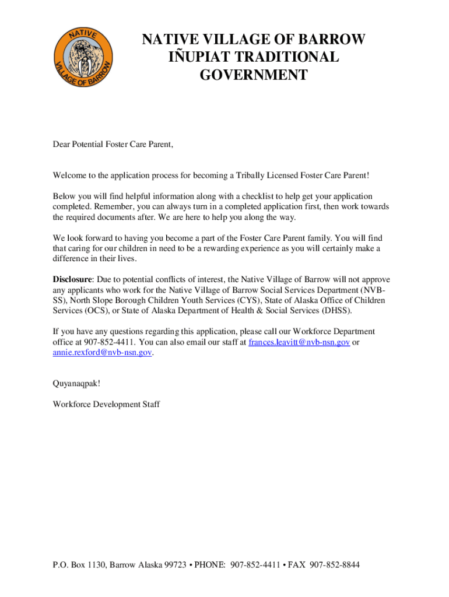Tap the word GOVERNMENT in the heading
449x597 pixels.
pos(253,75)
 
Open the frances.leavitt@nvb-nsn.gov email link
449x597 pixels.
pos(299,342)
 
